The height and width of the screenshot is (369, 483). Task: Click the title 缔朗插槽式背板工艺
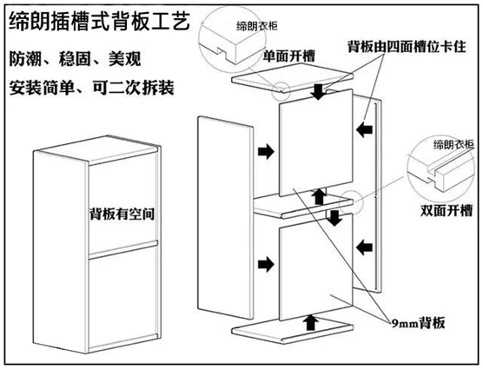coord(100,21)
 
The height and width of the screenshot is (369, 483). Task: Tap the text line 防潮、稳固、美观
coord(76,58)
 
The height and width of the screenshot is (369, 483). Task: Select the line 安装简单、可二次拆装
coord(91,88)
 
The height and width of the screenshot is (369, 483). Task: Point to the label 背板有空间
coord(122,214)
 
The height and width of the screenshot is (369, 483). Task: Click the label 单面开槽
coord(289,56)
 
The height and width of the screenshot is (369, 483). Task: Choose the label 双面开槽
coord(447,211)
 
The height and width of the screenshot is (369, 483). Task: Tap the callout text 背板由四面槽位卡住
coord(407,47)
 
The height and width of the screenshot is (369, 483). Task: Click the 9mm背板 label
coord(418,323)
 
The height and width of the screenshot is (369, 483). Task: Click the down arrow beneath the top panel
coord(319,92)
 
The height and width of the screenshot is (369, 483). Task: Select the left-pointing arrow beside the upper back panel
coord(364,129)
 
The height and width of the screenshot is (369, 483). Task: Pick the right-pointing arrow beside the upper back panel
coord(266,151)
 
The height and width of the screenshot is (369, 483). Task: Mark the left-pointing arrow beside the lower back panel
coord(364,247)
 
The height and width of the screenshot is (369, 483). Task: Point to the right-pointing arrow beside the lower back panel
coord(266,264)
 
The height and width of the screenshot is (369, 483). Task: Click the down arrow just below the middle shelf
coord(334,218)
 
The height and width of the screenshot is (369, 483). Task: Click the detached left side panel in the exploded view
coord(225,217)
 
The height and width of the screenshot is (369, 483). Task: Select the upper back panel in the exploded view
coord(315,142)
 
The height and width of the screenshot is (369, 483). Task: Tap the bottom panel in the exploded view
coord(293,330)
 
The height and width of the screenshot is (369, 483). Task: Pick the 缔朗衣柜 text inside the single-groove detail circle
coord(257,26)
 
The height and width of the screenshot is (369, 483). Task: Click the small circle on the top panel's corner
coord(281,91)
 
